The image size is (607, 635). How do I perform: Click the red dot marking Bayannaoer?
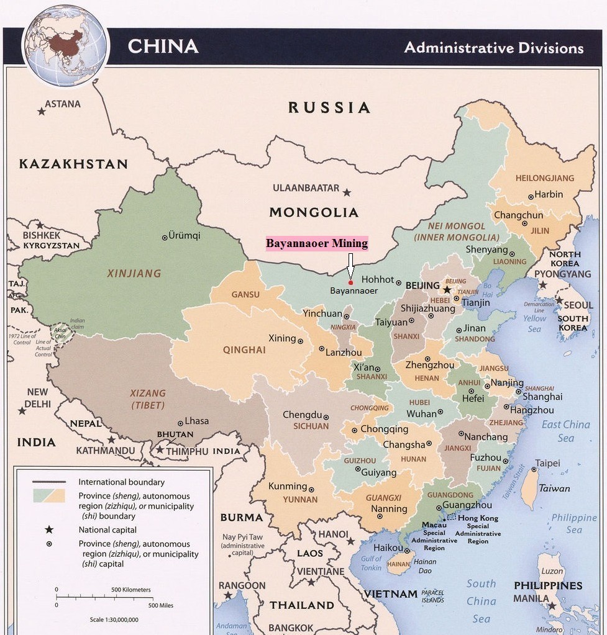coord(350,283)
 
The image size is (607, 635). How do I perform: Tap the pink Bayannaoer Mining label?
coord(317,243)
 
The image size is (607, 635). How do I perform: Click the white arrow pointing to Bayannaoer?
coord(350,266)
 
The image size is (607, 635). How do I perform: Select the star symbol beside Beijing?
coord(447,289)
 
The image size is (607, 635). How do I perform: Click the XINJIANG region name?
coord(134,273)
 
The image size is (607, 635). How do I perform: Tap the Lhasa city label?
coord(196,421)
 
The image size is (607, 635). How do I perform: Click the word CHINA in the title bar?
coord(163,47)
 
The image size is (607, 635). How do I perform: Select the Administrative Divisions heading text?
coord(494,48)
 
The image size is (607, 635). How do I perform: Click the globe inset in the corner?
coord(65,45)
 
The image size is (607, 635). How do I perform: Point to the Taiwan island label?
coord(554,489)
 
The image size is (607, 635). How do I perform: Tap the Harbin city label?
coord(549,194)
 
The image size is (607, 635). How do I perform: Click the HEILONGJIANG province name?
coord(544,178)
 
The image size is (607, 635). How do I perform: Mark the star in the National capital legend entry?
coord(49,530)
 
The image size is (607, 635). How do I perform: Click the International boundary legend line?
coord(49,482)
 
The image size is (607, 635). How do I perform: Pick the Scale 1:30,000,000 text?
coord(114,619)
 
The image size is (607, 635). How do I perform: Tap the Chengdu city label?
coord(302,415)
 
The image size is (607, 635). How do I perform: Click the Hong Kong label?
coord(478,518)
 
